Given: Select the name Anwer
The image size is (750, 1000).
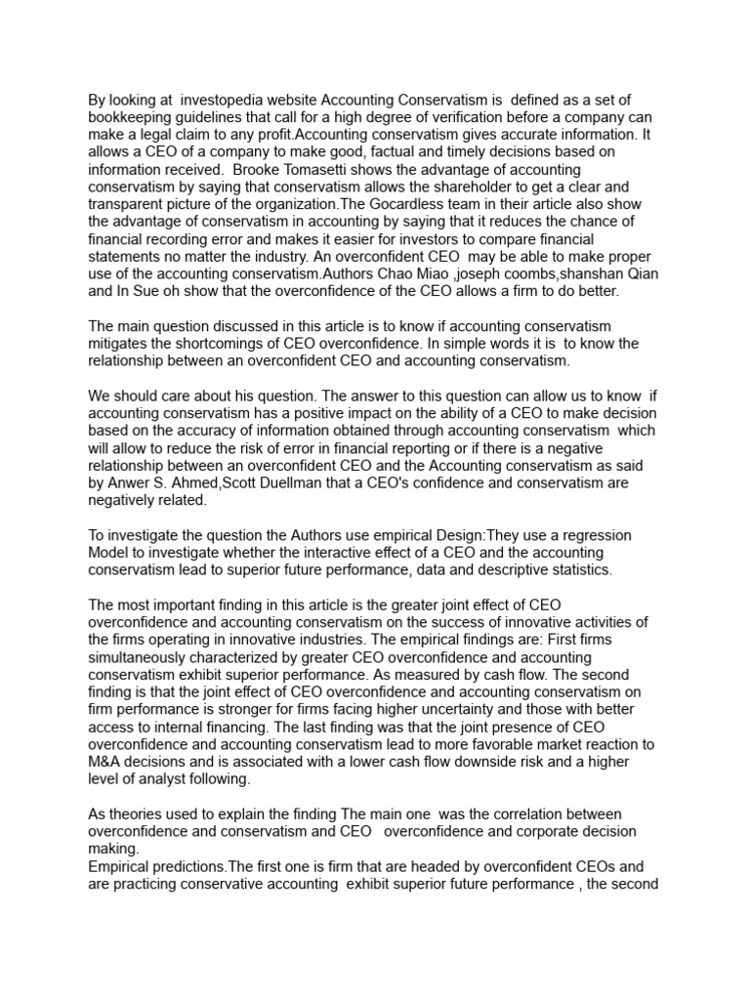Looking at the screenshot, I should [x=136, y=483].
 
